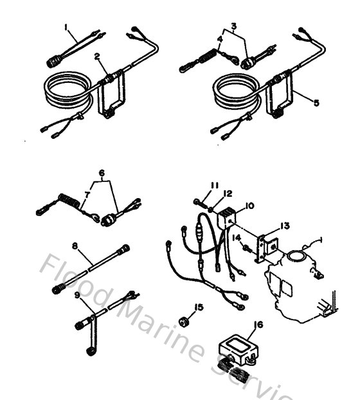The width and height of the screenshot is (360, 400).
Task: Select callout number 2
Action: point(96,57)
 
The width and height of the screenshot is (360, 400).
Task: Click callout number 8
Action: point(75,245)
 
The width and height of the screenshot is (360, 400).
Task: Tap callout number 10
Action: point(250,206)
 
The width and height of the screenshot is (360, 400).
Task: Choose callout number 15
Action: point(200,307)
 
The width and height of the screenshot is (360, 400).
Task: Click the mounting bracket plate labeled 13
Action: point(265,246)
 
